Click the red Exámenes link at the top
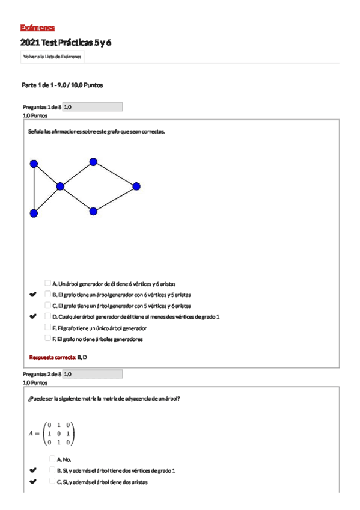(x=37, y=28)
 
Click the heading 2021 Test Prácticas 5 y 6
(x=66, y=43)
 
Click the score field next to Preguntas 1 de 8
(x=93, y=107)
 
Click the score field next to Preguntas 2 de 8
(x=93, y=374)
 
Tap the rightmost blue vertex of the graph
(x=136, y=186)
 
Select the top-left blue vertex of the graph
(x=34, y=163)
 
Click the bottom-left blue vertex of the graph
(x=34, y=213)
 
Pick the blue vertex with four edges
(x=60, y=186)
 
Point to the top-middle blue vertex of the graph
(x=93, y=161)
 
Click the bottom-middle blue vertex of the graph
(x=93, y=211)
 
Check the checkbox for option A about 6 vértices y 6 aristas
(x=47, y=283)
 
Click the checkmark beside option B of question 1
(x=33, y=295)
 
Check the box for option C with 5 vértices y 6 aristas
(x=47, y=305)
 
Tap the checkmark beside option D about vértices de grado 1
(x=33, y=316)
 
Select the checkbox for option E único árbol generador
(x=47, y=327)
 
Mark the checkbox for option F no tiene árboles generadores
(x=47, y=338)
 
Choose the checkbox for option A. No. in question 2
(x=52, y=459)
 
